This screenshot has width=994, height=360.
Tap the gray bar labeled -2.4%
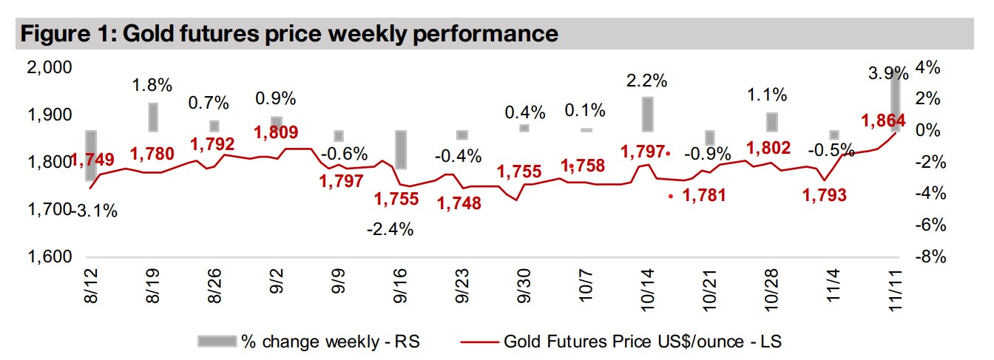(400, 150)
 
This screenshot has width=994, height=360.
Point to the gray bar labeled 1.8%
(153, 116)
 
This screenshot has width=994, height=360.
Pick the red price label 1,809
(276, 133)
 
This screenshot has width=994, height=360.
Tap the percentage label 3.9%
(888, 73)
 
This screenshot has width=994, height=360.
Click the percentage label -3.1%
(94, 211)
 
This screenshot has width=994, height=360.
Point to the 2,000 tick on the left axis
(50, 68)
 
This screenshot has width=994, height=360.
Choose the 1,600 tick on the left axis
(50, 257)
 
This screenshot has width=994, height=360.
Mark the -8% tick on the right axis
(930, 257)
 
